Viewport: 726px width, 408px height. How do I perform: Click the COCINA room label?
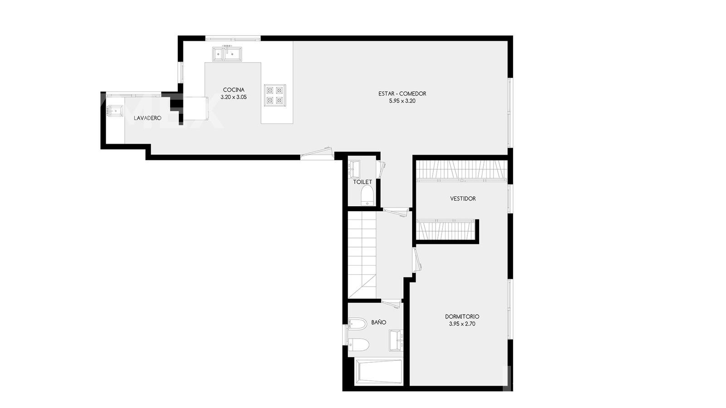[233, 90]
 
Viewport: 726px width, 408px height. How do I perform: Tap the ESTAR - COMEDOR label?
[402, 93]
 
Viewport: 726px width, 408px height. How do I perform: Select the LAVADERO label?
[147, 118]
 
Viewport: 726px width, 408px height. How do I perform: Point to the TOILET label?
[363, 182]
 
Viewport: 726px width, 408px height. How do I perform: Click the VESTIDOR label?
[463, 199]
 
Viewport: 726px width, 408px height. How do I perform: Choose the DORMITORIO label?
[462, 316]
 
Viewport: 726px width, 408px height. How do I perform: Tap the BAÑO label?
[378, 322]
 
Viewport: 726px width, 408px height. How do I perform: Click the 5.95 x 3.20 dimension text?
[402, 101]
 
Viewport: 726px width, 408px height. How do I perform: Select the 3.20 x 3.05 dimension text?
[233, 97]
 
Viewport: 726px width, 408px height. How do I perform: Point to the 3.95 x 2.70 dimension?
[462, 324]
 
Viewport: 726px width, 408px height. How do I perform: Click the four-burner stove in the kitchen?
[275, 95]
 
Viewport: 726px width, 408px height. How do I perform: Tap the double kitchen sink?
[227, 54]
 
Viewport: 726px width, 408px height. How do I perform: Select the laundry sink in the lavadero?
[116, 111]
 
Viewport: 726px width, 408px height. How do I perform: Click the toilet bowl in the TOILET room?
[367, 195]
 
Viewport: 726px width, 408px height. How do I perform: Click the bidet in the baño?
[357, 324]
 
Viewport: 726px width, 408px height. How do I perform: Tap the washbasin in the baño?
[396, 340]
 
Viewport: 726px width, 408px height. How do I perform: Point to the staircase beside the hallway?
[362, 254]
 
